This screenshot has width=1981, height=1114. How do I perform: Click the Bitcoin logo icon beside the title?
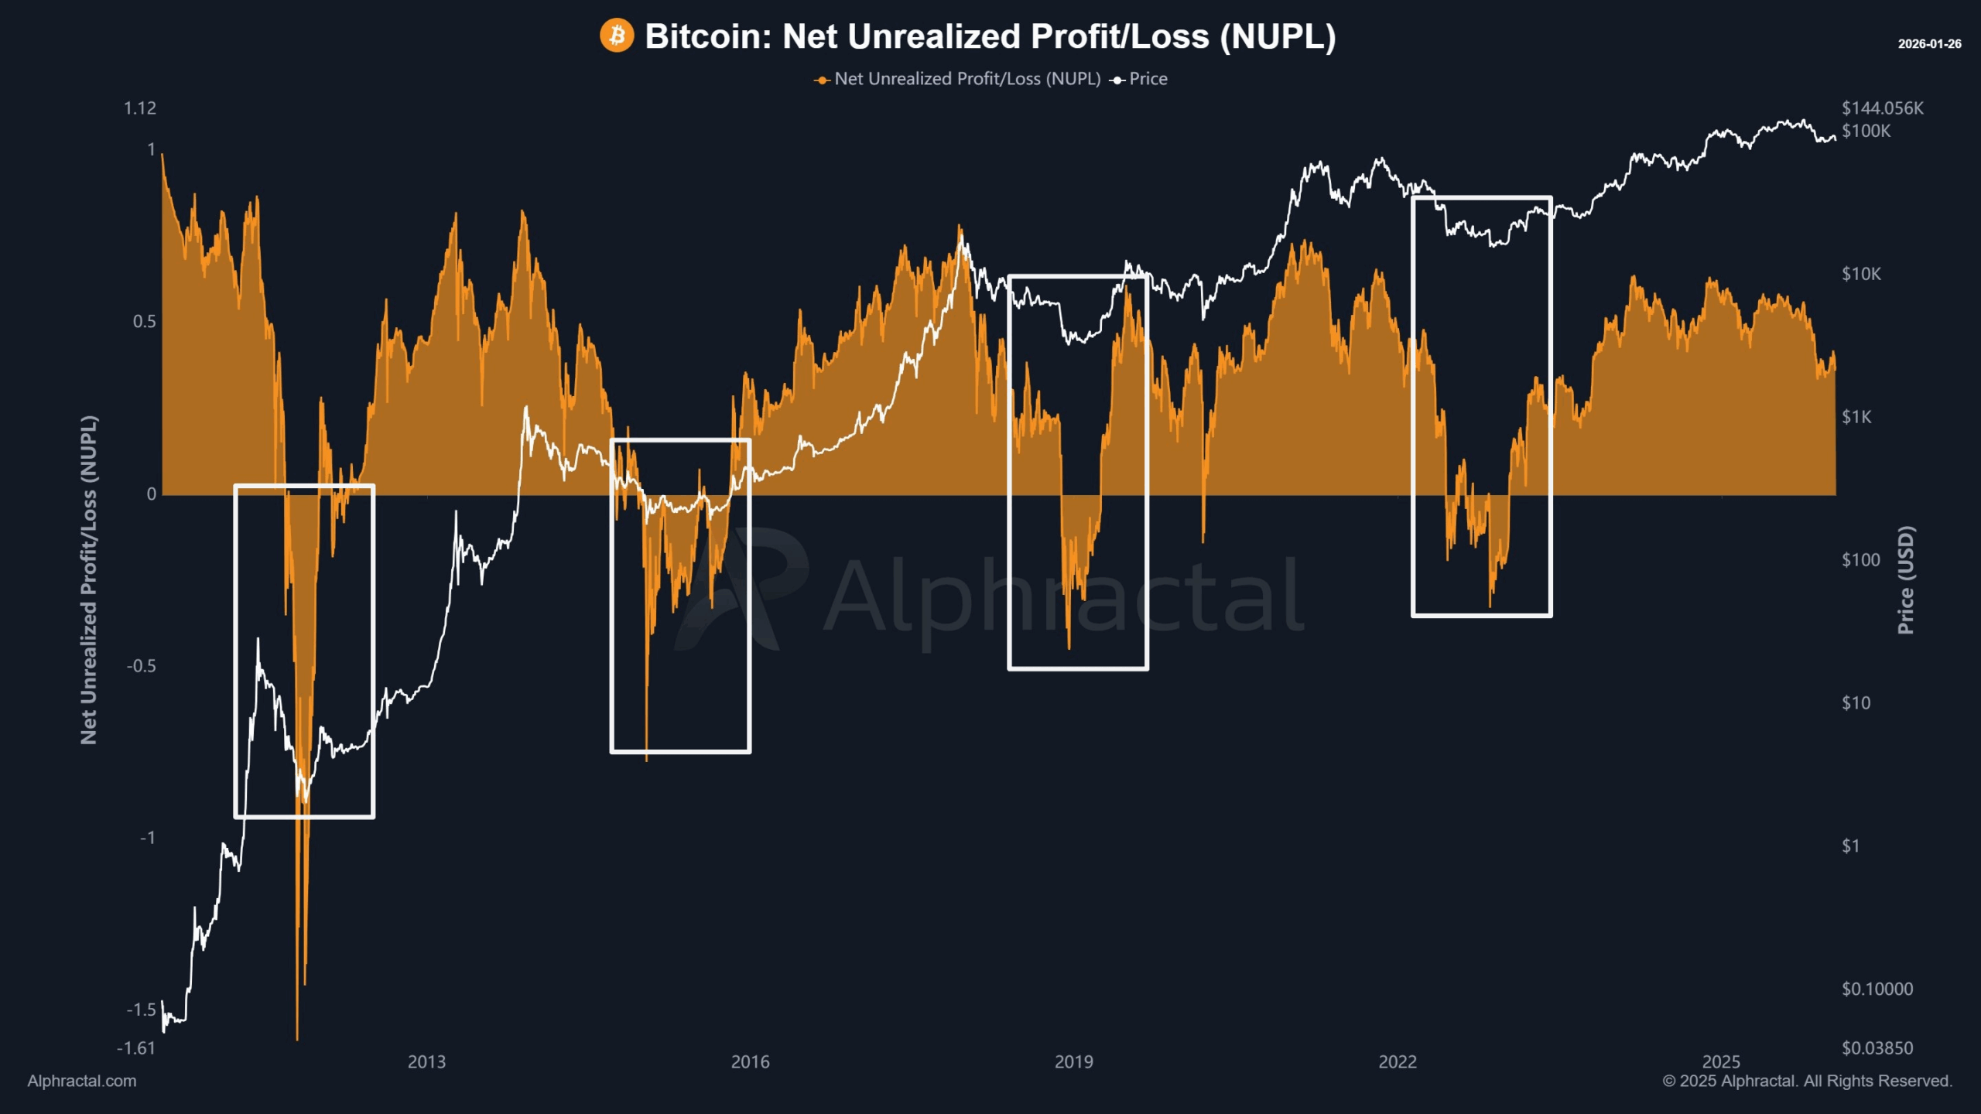click(617, 36)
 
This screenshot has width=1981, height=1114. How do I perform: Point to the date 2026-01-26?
click(1929, 44)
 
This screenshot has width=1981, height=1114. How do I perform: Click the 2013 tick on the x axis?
click(426, 1061)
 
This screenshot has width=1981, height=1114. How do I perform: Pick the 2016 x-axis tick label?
click(750, 1061)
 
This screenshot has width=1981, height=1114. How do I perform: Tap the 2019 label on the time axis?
click(1073, 1061)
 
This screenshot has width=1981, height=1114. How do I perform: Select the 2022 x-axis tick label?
click(1397, 1061)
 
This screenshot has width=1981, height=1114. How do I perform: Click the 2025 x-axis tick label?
click(1721, 1061)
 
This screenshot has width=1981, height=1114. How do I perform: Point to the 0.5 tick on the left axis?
click(144, 322)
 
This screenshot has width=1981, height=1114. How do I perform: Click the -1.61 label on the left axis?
click(136, 1048)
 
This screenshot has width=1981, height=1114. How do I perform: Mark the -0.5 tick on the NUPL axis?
click(141, 666)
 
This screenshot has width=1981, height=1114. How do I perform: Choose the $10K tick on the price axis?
click(1861, 274)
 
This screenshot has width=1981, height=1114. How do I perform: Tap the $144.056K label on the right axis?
click(1882, 108)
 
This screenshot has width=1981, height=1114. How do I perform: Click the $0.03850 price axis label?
click(1877, 1048)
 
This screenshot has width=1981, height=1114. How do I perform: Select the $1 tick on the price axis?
click(1850, 846)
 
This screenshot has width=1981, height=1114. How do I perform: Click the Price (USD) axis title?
click(1906, 580)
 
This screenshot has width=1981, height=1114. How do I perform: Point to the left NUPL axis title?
click(89, 580)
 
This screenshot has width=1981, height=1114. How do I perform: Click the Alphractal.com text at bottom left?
click(82, 1081)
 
